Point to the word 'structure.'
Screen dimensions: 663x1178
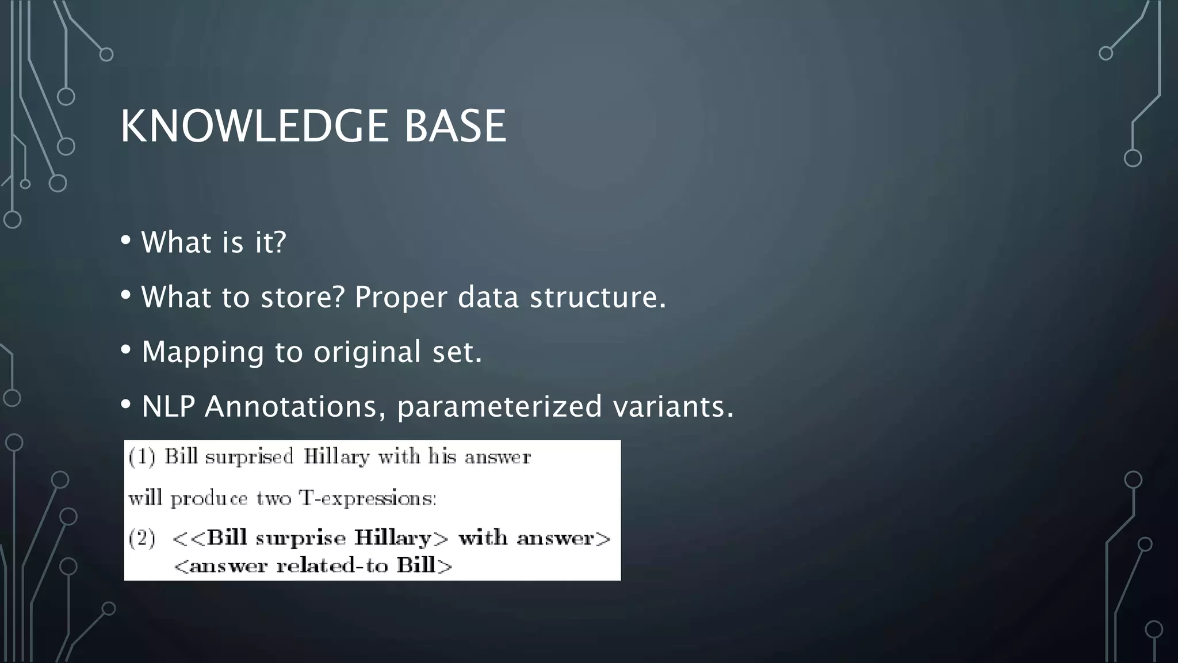[x=598, y=298]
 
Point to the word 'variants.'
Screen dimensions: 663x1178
[x=673, y=406]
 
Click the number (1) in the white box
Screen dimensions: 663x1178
[x=141, y=457]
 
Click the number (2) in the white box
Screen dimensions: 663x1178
[x=141, y=539]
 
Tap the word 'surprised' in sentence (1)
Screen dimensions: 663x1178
[x=249, y=457]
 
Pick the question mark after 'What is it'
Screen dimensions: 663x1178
[x=280, y=241]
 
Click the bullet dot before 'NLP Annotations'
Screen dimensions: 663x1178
[x=126, y=405]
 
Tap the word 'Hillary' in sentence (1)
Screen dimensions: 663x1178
[x=336, y=457]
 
